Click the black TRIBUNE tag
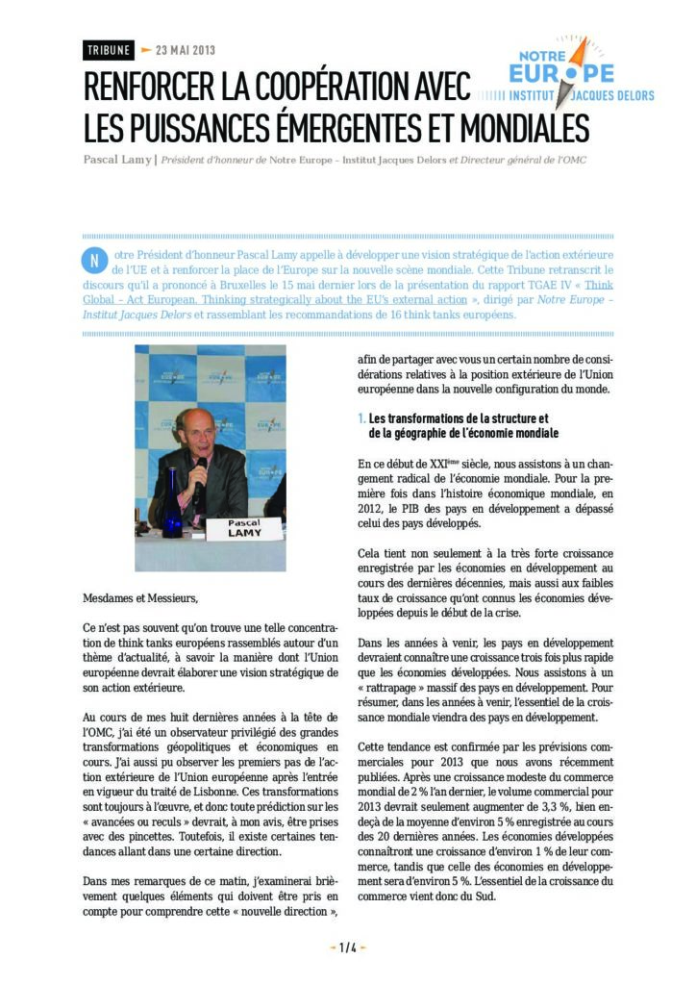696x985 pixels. point(108,50)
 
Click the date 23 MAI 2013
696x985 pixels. point(185,50)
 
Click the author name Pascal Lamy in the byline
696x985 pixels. point(116,159)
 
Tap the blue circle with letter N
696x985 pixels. point(92,261)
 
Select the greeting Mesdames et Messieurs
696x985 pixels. point(139,598)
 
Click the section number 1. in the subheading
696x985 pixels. point(361,418)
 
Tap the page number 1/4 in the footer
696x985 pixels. point(347,947)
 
